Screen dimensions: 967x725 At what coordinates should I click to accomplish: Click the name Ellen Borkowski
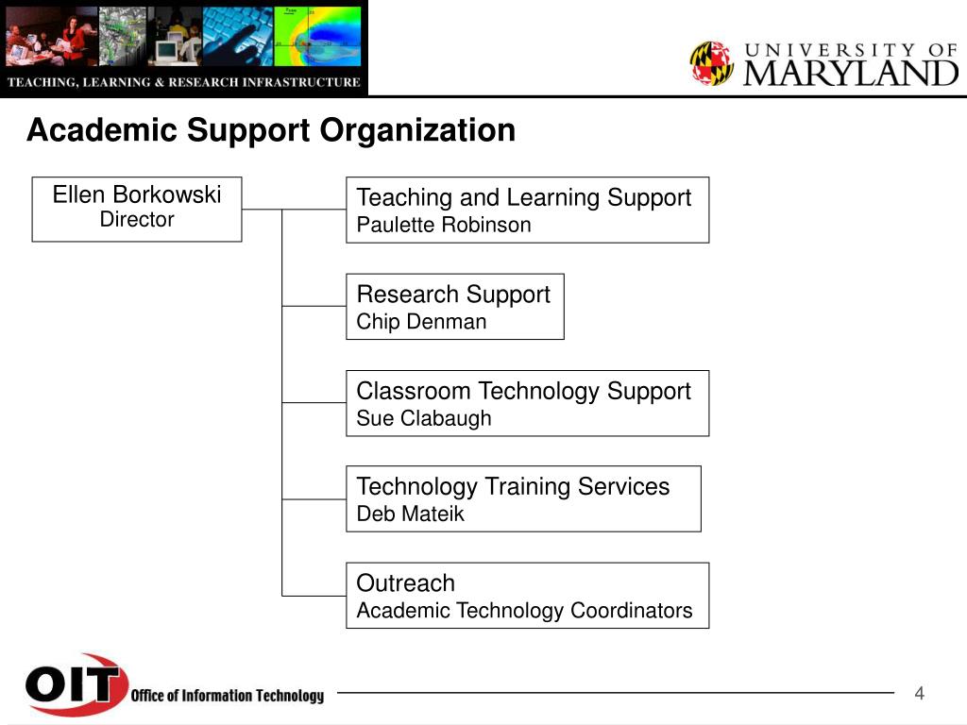(136, 194)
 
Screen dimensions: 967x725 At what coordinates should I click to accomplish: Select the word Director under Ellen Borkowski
(137, 219)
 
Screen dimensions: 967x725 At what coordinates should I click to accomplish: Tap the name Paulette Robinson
(444, 225)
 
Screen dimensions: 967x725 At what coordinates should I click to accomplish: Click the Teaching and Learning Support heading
(523, 198)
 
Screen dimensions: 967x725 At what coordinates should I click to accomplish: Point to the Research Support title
(453, 295)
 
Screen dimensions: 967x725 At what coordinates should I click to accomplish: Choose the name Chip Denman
(421, 322)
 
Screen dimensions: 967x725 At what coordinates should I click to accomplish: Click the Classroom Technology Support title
(523, 392)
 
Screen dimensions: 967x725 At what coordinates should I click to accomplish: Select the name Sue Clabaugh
(424, 418)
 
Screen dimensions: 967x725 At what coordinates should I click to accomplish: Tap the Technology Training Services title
(513, 487)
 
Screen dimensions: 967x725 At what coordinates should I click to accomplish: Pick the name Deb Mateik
(410, 514)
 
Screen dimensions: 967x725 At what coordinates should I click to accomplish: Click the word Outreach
(406, 583)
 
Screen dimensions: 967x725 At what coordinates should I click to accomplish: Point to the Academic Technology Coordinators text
(524, 611)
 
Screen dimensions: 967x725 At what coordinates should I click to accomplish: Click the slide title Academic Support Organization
(271, 130)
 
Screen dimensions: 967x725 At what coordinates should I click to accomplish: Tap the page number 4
(919, 694)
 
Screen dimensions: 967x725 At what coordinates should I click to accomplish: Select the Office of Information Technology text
(227, 696)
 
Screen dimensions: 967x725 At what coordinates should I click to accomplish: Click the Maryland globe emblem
(712, 63)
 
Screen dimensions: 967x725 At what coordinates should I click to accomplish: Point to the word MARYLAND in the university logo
(851, 74)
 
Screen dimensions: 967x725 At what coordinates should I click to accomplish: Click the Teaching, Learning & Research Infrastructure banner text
(184, 82)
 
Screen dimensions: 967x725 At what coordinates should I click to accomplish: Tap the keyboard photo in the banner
(237, 37)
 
